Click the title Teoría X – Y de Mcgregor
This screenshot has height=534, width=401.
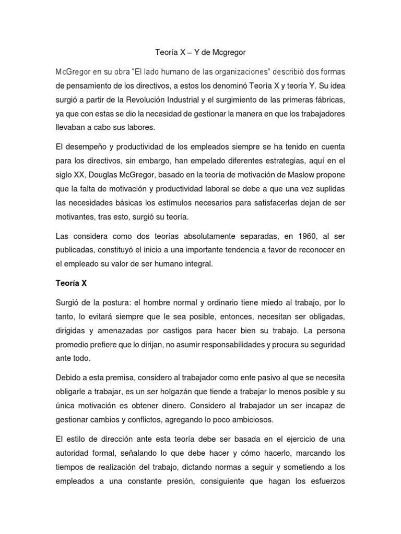(x=200, y=53)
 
